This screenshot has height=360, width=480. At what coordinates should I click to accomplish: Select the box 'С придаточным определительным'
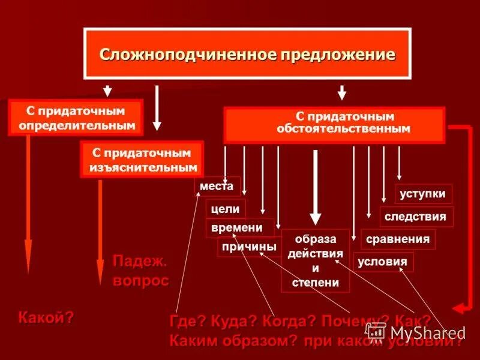pos(76,118)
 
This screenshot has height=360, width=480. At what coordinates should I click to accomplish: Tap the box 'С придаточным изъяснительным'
pos(142,160)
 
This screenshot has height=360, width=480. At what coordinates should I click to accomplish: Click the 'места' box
pos(217,187)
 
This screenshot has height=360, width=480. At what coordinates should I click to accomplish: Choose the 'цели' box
pos(226,209)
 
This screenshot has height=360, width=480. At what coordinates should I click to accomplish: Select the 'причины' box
pos(249,247)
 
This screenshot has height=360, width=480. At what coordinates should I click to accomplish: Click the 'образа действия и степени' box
pos(316,260)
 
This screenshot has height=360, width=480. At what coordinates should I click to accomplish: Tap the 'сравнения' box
pos(398,239)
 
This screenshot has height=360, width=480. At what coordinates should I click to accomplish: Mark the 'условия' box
pos(382,262)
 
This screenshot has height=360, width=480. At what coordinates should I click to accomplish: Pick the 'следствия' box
pos(416,217)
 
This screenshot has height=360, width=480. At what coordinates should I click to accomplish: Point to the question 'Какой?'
pos(46,317)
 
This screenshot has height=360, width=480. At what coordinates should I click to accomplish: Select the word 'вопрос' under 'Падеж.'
pos(141,280)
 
